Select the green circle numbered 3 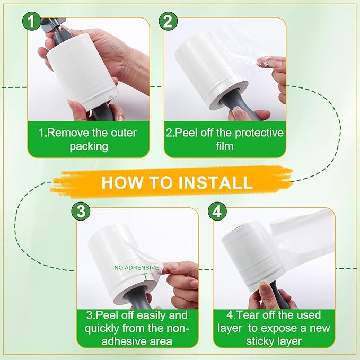[x=81, y=211]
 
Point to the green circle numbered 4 [x=217, y=211]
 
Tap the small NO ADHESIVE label [x=136, y=268]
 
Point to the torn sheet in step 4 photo [x=305, y=244]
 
